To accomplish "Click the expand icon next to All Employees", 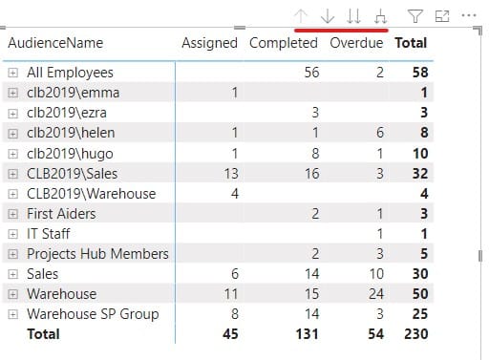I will point(12,73).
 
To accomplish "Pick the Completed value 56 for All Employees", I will point(310,73).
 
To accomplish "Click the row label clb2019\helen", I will point(66,133).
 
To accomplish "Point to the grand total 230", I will point(415,333).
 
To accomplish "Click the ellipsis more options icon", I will point(468,15).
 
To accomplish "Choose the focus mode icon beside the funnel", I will point(442,15).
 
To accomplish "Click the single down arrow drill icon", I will point(328,15).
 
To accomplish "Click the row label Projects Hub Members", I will point(97,253).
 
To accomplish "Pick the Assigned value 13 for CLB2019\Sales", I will point(229,173).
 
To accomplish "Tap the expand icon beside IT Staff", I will point(12,233).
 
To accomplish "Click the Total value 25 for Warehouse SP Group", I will point(418,313).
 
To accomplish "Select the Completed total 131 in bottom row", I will point(306,333).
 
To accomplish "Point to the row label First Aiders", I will point(62,213).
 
